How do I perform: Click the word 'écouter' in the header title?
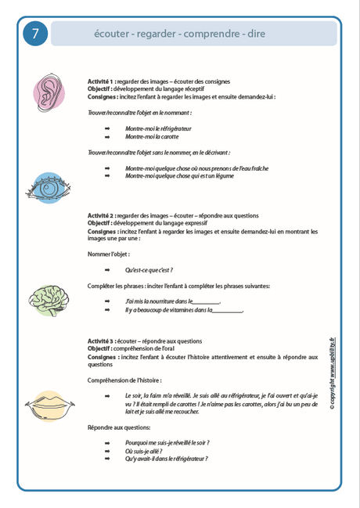pyautogui.click(x=116, y=34)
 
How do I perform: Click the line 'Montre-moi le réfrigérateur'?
pyautogui.click(x=158, y=127)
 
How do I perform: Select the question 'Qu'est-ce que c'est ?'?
pyautogui.click(x=149, y=270)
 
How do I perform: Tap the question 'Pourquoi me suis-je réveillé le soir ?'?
pyautogui.click(x=167, y=442)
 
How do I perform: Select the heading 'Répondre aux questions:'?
pyautogui.click(x=117, y=427)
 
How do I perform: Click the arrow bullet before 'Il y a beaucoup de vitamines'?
pyautogui.click(x=107, y=310)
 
